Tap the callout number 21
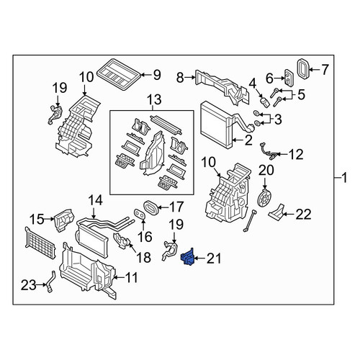click(213, 258)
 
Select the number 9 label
click(157, 75)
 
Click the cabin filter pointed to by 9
click(119, 74)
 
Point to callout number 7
click(325, 70)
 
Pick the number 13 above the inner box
click(154, 99)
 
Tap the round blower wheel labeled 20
click(264, 198)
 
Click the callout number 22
click(303, 214)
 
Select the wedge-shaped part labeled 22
click(276, 213)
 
